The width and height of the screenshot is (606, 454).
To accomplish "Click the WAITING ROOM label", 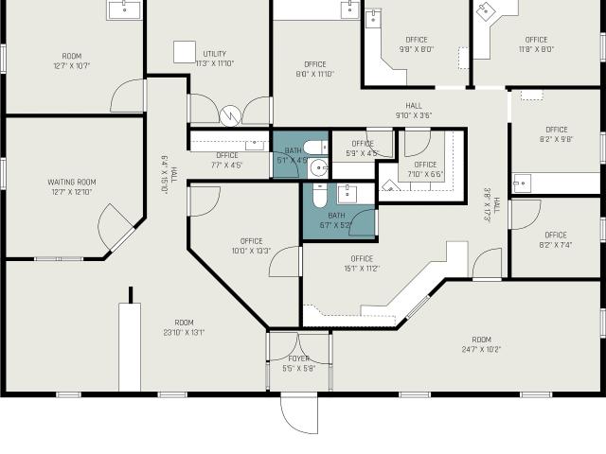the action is tap(72, 182).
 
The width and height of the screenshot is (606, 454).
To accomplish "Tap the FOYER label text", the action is tap(299, 358).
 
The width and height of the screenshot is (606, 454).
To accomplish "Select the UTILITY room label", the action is tap(215, 54).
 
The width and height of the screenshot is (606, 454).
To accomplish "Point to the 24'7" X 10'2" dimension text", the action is tap(482, 350).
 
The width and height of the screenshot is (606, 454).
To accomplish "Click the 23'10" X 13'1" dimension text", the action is tap(184, 332).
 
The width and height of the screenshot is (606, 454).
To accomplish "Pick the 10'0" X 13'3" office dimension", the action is tap(251, 251).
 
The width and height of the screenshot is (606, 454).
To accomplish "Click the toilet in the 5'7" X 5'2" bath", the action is tap(320, 196).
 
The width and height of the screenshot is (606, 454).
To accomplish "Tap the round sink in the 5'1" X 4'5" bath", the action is tap(319, 168).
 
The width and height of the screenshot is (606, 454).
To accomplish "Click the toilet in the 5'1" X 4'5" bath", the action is tap(315, 148).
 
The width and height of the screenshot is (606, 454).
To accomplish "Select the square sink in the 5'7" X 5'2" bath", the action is tap(348, 193).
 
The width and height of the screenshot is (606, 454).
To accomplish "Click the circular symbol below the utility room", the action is tap(230, 115).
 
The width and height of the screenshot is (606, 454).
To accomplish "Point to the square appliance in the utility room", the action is tap(185, 52).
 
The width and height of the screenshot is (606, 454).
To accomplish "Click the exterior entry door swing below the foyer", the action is tap(299, 413).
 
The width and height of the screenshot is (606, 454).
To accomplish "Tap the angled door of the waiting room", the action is tap(116, 227).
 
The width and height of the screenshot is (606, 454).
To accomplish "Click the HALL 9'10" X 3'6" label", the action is tap(414, 111).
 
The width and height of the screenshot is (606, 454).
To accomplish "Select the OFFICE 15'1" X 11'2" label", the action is tap(362, 263).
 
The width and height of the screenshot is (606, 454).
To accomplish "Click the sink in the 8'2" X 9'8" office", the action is tap(522, 183).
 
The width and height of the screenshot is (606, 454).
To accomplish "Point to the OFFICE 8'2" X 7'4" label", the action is tap(556, 239).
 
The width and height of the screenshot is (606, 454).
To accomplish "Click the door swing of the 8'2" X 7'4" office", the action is tap(526, 215).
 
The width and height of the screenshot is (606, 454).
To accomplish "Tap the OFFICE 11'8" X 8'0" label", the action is tap(537, 44).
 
